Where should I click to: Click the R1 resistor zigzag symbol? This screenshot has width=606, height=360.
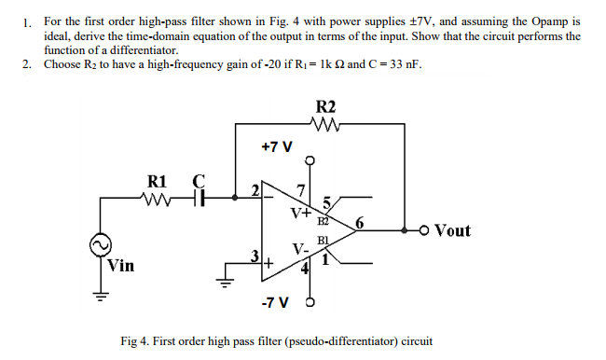pos(157,198)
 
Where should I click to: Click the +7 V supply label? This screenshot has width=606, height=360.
pos(277,147)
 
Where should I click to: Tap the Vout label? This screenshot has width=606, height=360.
pos(452,230)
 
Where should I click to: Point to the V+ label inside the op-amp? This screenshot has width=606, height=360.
pos(300,212)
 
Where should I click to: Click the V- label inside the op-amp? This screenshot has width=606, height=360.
pos(299,250)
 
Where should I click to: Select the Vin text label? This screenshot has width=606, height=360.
pos(121,265)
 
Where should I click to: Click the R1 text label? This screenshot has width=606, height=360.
pos(156,180)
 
